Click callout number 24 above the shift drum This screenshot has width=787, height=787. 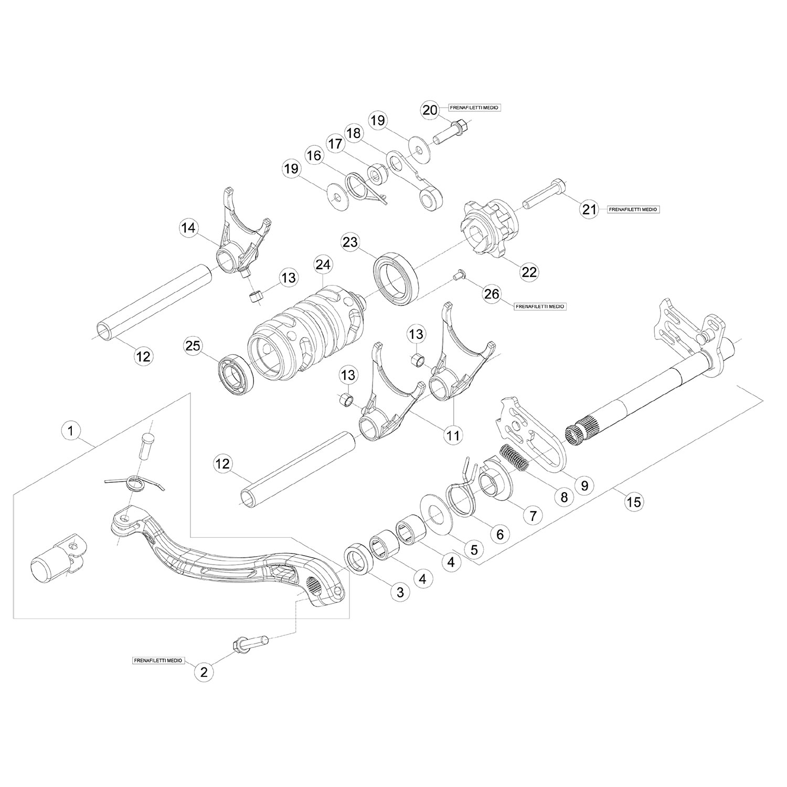click(x=323, y=265)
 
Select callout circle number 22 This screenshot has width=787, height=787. click(x=529, y=271)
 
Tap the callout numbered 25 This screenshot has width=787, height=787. click(x=193, y=346)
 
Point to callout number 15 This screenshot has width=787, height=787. click(x=634, y=502)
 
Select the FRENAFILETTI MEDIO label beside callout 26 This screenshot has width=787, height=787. click(x=540, y=306)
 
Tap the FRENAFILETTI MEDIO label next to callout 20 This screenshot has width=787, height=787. click(x=473, y=108)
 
